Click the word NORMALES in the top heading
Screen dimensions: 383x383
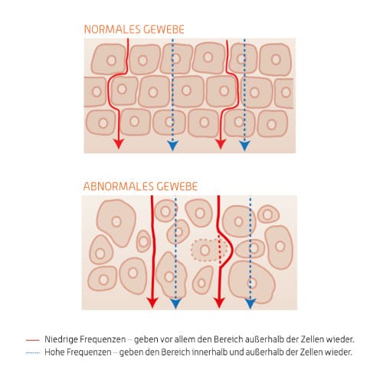pyautogui.click(x=113, y=29)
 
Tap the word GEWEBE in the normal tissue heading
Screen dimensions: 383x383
pyautogui.click(x=164, y=29)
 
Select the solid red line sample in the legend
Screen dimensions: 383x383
pyautogui.click(x=33, y=340)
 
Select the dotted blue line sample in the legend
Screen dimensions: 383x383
pyautogui.click(x=33, y=353)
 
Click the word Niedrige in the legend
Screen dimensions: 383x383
pyautogui.click(x=61, y=339)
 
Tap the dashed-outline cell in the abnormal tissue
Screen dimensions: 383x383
pyautogui.click(x=209, y=250)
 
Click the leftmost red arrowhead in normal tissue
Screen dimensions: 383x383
pyautogui.click(x=118, y=144)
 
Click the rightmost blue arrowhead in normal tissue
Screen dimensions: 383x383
pyautogui.click(x=244, y=146)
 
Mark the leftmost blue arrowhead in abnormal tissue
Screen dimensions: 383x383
pyautogui.click(x=175, y=303)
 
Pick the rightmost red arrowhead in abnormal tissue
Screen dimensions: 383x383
pyautogui.click(x=219, y=303)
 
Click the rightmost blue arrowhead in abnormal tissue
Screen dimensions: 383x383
pyautogui.click(x=250, y=304)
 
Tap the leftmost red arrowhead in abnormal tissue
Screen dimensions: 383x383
pyautogui.click(x=152, y=303)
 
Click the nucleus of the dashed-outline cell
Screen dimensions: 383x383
pyautogui.click(x=205, y=250)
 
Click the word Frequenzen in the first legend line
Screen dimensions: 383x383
pyautogui.click(x=103, y=339)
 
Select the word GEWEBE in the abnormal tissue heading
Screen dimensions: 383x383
pyautogui.click(x=177, y=186)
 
